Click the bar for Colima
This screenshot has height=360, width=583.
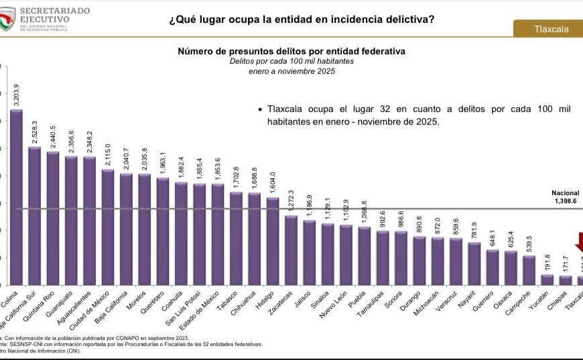tap(16, 198)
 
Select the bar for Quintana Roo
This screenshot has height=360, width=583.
tap(53, 219)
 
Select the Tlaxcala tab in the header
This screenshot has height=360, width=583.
tap(547, 29)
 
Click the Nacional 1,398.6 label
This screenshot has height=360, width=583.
tap(565, 197)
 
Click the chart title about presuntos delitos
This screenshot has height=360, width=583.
tap(291, 51)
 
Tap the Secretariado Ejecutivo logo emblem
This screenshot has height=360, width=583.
tap(7, 19)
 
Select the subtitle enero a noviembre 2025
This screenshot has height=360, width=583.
tap(291, 70)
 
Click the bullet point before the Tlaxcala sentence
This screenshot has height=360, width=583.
tap(260, 109)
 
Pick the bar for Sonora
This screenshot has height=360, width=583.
tap(401, 259)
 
